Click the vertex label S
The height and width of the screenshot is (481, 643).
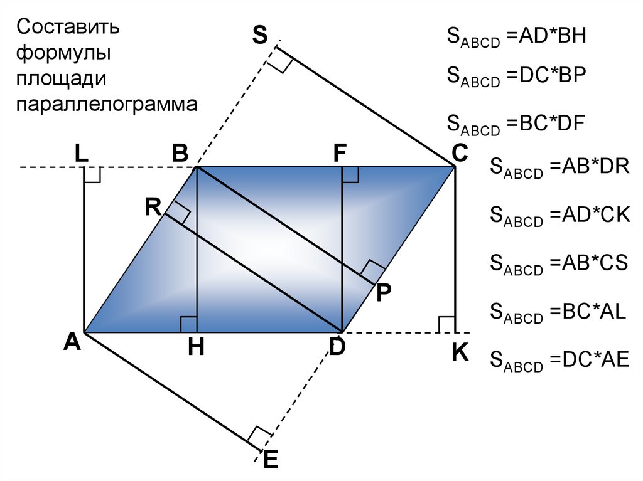coord(259,36)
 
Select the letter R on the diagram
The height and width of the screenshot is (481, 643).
coord(153,206)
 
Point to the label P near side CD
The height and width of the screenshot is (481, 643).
coord(384,293)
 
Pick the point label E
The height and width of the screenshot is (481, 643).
coord(270,460)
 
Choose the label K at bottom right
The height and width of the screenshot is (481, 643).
coord(460,353)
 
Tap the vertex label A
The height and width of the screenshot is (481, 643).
coord(72,342)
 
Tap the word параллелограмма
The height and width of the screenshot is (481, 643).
coord(107,103)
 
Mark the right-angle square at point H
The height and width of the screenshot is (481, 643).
coord(188,325)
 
